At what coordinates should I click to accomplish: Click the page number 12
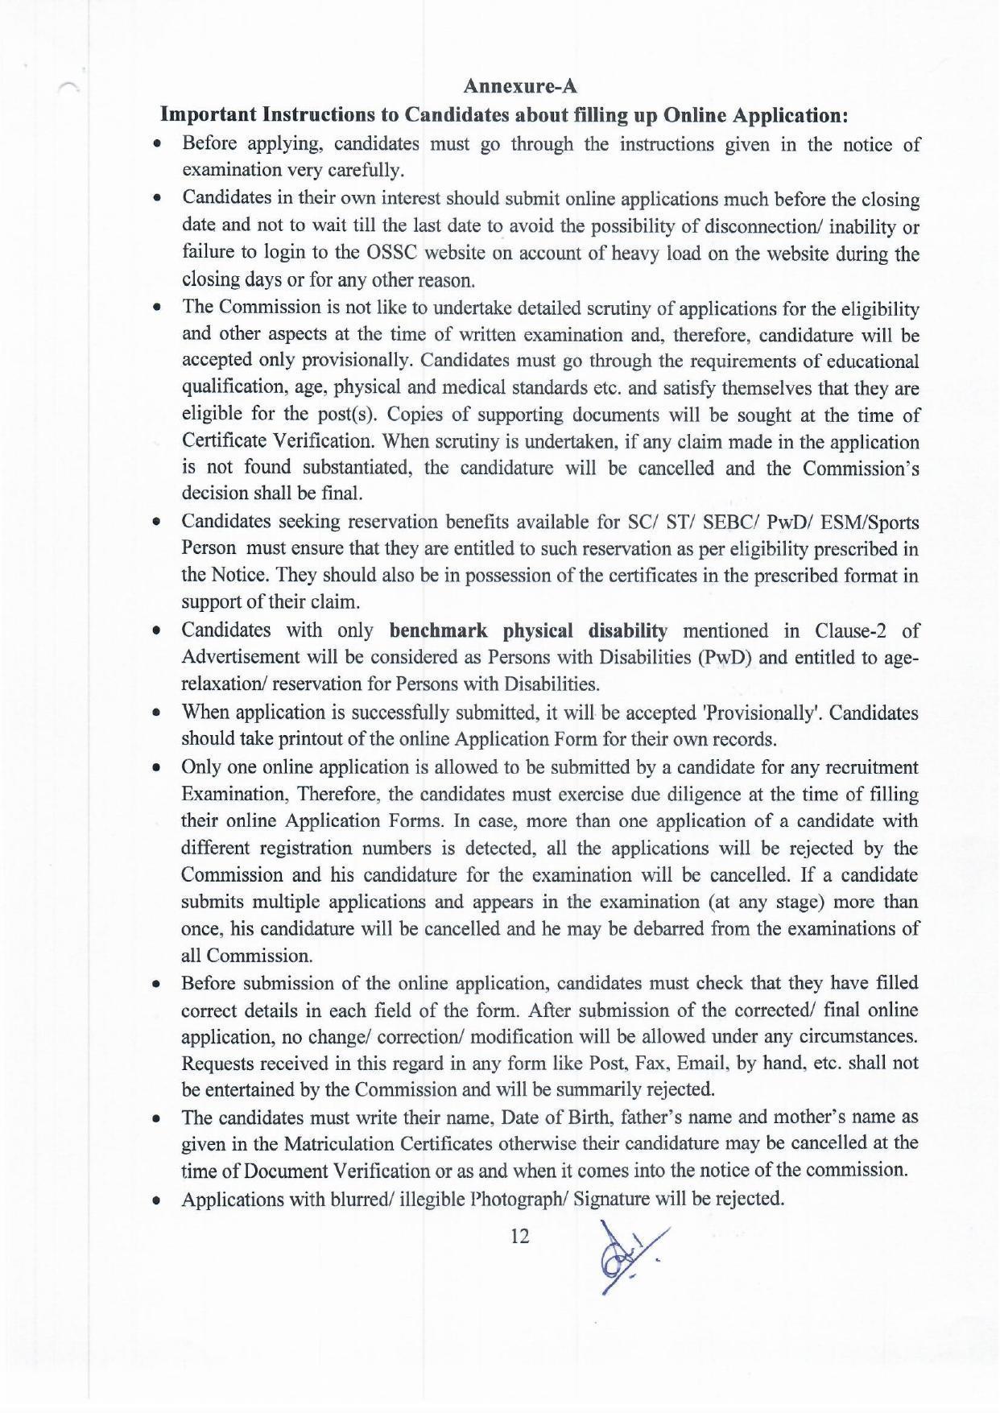point(520,1236)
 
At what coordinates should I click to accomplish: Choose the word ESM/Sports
point(874,522)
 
